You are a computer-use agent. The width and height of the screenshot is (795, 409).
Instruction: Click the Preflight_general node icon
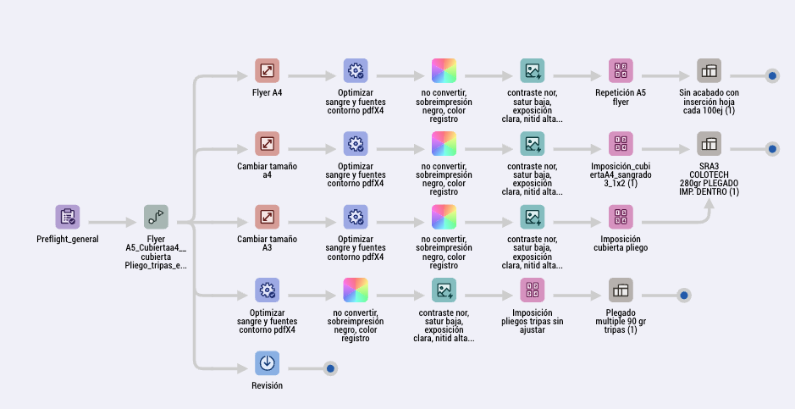[67, 217]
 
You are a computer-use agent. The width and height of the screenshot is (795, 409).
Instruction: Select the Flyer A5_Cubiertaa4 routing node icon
[156, 217]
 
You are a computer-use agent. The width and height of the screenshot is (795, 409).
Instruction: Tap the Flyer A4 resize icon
[267, 71]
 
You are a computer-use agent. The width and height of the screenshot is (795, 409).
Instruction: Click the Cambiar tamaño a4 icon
[267, 144]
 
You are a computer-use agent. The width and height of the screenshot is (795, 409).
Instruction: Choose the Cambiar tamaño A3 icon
[267, 217]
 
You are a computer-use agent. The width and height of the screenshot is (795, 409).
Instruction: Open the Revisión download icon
[267, 363]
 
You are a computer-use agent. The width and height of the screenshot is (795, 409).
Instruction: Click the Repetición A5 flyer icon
[621, 71]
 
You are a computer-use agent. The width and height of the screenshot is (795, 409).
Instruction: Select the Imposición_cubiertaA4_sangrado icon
[621, 144]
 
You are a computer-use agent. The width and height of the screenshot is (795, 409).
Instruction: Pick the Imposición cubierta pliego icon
[621, 217]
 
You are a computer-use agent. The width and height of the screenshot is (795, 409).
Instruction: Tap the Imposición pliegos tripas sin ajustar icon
[533, 290]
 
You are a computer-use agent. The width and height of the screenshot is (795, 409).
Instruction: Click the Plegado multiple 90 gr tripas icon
[621, 290]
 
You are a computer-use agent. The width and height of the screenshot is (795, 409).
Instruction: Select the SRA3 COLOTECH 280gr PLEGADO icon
[709, 144]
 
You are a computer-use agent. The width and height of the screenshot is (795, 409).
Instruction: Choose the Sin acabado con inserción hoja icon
[709, 71]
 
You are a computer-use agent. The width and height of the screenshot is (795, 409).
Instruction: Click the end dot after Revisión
[330, 368]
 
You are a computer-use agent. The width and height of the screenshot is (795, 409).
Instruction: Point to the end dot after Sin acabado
[772, 76]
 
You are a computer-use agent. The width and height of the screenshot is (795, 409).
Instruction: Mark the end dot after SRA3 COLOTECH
[772, 149]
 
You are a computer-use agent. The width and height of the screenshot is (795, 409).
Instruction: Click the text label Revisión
[267, 385]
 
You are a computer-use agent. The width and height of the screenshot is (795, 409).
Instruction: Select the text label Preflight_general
[67, 239]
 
